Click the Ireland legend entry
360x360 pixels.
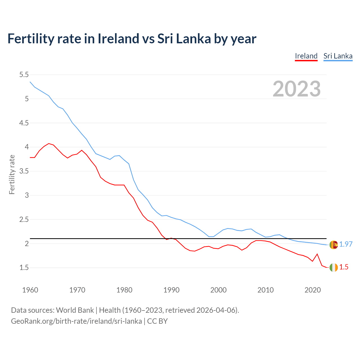pos(306,56)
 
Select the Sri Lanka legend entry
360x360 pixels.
pos(338,56)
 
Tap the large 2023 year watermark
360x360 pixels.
pos(297,89)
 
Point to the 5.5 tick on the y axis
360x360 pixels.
pos(24,75)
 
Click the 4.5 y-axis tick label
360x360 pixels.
pos(24,123)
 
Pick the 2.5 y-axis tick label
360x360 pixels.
pos(24,219)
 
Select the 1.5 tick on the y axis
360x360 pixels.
pos(24,267)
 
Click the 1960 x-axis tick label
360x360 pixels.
pos(30,290)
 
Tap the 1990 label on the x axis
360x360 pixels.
pos(171,290)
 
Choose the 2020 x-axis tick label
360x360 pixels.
pos(312,290)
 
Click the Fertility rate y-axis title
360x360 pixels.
pos(12,174)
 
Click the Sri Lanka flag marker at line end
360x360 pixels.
pos(334,245)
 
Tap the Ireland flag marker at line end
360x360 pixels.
pos(334,267)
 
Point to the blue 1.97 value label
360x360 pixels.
pos(346,244)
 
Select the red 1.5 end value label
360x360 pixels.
pos(344,267)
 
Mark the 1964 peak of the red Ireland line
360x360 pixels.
pos(49,143)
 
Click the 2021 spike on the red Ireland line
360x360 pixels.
pos(317,254)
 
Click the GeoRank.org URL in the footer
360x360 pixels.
pos(76,321)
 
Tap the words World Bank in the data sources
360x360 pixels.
pos(75,310)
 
